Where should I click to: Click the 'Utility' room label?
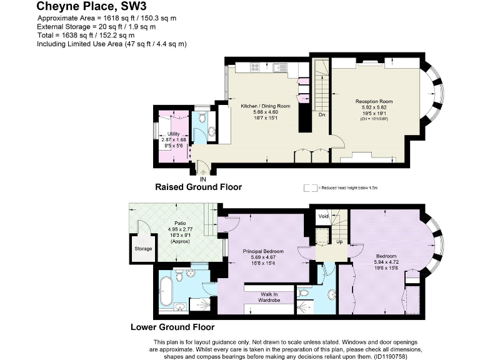pyautogui.click(x=173, y=134)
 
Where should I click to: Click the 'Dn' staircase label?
pyautogui.click(x=321, y=114)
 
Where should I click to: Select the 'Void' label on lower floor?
pyautogui.click(x=323, y=216)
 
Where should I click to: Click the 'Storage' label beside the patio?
pyautogui.click(x=143, y=248)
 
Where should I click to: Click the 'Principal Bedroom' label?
pyautogui.click(x=263, y=251)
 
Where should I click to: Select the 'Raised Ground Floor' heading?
pyautogui.click(x=198, y=187)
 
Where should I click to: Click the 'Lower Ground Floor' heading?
pyautogui.click(x=172, y=327)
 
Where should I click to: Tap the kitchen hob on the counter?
pyautogui.click(x=256, y=67)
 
